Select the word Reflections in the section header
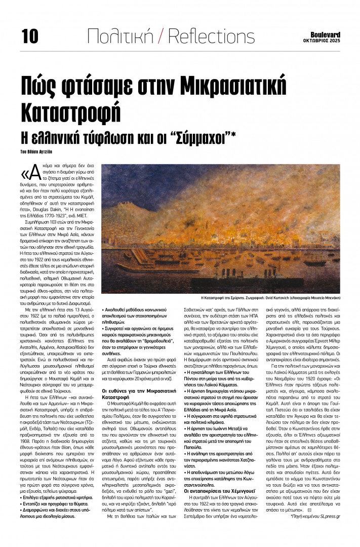(x=211, y=36)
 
